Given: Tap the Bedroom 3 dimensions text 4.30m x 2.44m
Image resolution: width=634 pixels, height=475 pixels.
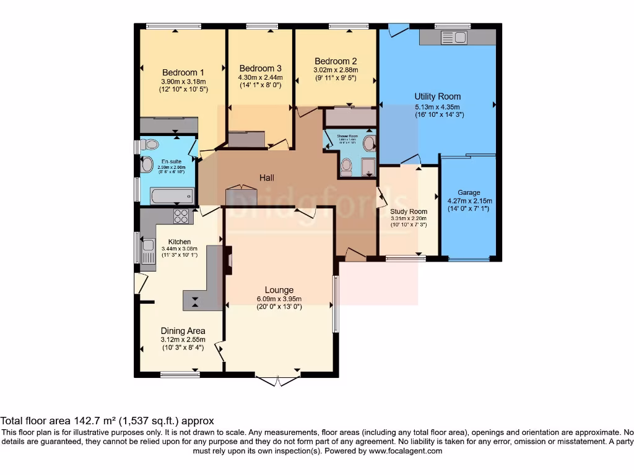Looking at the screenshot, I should [260, 77].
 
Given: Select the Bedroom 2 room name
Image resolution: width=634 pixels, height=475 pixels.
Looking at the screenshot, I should [336, 61].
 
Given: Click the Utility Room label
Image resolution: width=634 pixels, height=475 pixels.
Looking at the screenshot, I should [438, 96].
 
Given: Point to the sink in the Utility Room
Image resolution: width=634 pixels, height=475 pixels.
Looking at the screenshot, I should [454, 38].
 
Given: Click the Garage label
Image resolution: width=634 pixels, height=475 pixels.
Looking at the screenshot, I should [469, 192].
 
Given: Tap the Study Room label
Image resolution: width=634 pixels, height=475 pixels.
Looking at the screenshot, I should [409, 212].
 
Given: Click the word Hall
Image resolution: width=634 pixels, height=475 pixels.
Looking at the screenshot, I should [267, 178].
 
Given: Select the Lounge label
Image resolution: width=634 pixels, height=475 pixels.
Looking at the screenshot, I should [279, 289].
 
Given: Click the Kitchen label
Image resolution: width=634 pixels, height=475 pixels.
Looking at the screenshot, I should [180, 242].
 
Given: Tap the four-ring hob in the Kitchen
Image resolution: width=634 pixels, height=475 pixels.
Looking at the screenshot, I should [181, 216].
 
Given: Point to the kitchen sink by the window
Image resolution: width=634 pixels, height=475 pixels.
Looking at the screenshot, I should [148, 250].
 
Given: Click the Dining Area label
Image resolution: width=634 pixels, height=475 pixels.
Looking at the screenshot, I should [183, 331].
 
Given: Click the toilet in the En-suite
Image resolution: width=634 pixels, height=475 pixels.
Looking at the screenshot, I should [149, 145].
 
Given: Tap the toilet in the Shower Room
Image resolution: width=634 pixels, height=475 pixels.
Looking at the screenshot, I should [346, 165].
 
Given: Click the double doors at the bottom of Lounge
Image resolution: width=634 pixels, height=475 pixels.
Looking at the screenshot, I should [279, 380].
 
